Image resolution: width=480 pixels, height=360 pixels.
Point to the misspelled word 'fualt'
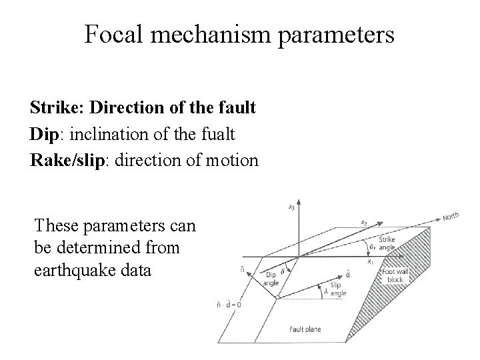(216, 133)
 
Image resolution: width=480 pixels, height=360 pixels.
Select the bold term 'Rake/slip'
(65, 161)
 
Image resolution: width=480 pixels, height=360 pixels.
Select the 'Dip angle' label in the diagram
(271, 277)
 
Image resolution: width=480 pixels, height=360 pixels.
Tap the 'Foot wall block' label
(393, 275)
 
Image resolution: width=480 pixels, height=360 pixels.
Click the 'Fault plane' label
(301, 329)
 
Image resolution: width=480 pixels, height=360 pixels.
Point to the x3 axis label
(289, 207)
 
